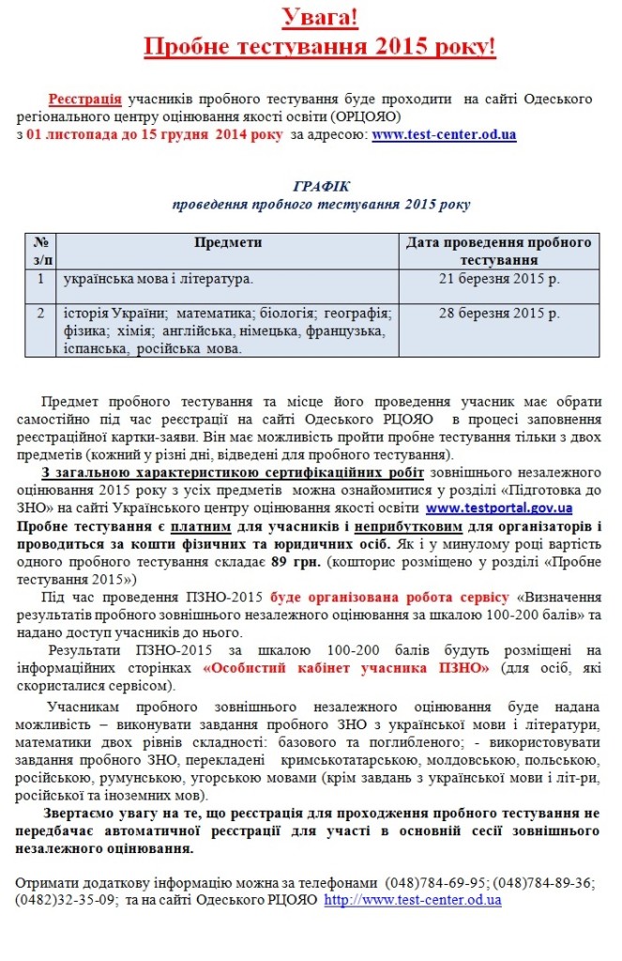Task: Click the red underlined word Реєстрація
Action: pyautogui.click(x=85, y=99)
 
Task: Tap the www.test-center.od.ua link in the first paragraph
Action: pyautogui.click(x=444, y=135)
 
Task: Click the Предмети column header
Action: pyautogui.click(x=228, y=243)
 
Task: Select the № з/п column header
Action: pyautogui.click(x=40, y=251)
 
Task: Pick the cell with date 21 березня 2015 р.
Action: pyautogui.click(x=499, y=279)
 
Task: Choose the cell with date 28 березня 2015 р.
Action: pyautogui.click(x=499, y=313)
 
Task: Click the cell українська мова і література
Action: pyautogui.click(x=158, y=279)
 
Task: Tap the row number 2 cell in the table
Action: pyautogui.click(x=40, y=313)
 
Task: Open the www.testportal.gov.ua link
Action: pyautogui.click(x=498, y=509)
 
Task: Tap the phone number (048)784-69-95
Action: pyautogui.click(x=430, y=882)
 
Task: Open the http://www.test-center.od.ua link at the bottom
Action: pyautogui.click(x=413, y=899)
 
